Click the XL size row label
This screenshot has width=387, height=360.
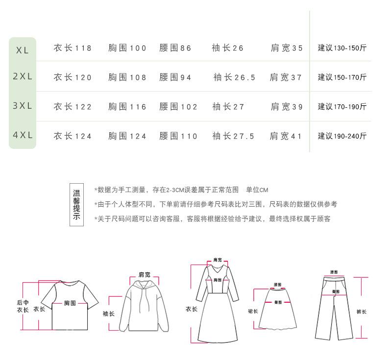(x=23, y=49)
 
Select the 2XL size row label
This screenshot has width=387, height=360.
(x=23, y=77)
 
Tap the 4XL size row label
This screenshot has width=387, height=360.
(x=23, y=135)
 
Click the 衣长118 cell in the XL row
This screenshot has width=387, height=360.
(x=73, y=48)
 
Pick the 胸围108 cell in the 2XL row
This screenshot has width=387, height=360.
(x=127, y=77)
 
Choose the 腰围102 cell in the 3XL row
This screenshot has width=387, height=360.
(x=178, y=107)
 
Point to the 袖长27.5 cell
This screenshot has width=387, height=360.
(x=233, y=136)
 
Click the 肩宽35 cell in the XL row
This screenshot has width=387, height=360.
(x=287, y=48)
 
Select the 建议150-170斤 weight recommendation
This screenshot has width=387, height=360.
(x=342, y=77)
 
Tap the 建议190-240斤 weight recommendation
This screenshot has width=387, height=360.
(x=342, y=136)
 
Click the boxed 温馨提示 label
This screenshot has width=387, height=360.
(x=76, y=205)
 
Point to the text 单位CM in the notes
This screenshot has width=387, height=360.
(x=257, y=190)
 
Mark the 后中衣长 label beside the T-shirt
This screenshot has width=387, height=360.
(x=23, y=306)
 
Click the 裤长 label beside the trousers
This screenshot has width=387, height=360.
(x=362, y=312)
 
